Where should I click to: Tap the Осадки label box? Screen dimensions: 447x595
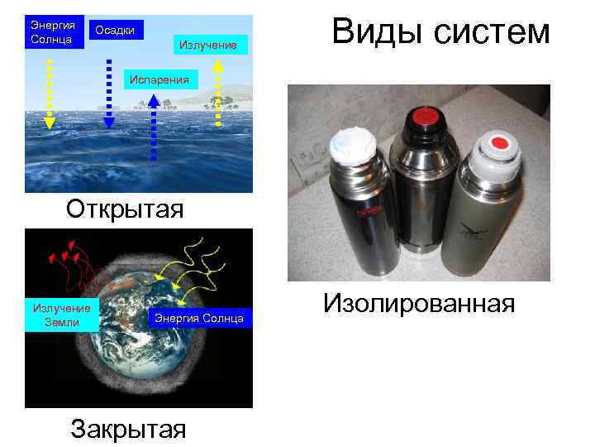pos(116,31)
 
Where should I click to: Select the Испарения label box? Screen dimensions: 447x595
pos(161,79)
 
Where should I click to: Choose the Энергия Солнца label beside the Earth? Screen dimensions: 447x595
pos(199,318)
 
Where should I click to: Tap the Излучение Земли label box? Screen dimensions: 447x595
pos(62,315)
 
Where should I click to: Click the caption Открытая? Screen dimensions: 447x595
pos(125,207)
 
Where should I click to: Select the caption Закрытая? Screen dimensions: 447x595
pos(128,429)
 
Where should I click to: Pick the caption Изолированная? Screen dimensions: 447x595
pos(419,303)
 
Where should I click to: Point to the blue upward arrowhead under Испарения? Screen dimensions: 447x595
pos(154,101)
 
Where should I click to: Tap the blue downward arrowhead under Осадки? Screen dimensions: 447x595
pos(110,122)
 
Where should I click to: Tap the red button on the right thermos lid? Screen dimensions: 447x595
pos(498,144)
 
